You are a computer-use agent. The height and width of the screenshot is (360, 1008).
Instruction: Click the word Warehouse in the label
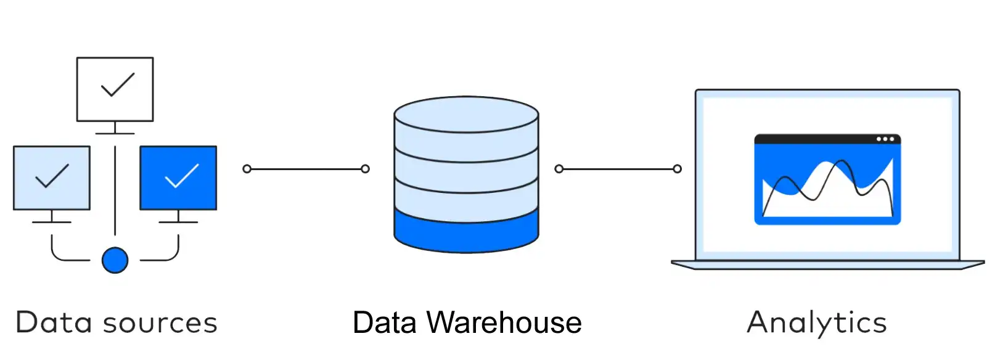(504, 323)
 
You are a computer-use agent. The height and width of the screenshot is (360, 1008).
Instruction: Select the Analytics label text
(816, 323)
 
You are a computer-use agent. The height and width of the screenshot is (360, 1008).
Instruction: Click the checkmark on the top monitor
(117, 84)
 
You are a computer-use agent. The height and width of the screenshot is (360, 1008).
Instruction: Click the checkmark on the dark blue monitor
(182, 176)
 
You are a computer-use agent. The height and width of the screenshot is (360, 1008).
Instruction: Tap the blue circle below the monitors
(115, 260)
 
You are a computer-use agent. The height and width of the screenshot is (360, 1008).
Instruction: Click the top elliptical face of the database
(466, 114)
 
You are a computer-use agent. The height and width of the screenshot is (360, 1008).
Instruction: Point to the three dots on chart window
(885, 139)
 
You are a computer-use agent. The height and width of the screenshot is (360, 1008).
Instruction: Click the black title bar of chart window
(814, 139)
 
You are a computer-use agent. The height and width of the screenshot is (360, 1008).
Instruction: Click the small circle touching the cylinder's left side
(365, 169)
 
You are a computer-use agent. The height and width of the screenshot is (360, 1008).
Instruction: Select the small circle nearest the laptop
(677, 169)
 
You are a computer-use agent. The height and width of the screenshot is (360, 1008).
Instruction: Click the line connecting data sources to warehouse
(306, 169)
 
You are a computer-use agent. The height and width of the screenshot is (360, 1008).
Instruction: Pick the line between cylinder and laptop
(618, 169)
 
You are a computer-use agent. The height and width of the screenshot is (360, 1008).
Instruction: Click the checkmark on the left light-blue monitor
(52, 176)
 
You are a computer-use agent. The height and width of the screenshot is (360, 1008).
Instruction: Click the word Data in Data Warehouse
(384, 323)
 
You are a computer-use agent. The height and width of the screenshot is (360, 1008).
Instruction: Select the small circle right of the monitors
(247, 169)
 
